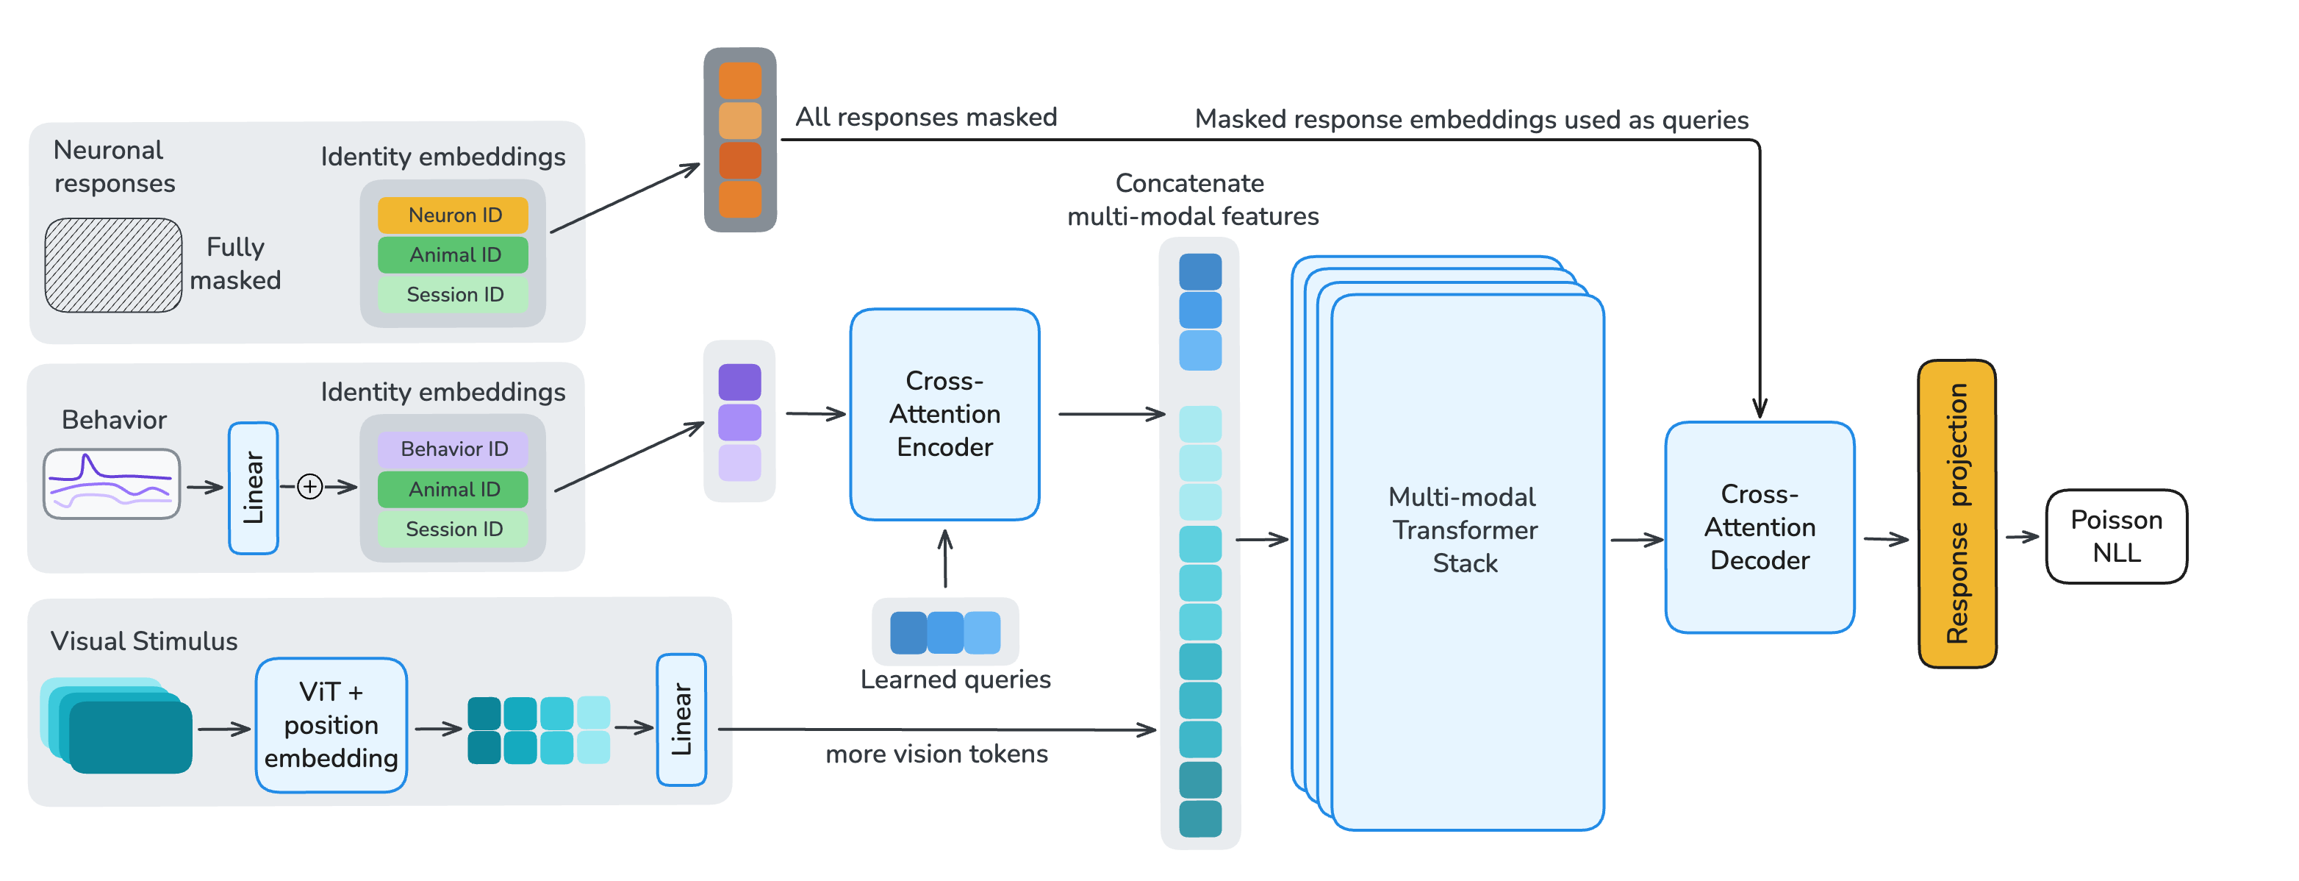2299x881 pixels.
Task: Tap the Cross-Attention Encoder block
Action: (944, 414)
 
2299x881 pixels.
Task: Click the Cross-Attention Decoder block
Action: (1759, 527)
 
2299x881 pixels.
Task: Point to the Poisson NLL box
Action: (2115, 536)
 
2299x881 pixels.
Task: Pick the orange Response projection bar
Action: (1957, 513)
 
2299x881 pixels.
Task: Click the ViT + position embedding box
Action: (331, 725)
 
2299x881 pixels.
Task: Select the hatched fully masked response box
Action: (113, 265)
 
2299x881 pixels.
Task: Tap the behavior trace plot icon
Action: (112, 484)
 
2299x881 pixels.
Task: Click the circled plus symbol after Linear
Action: (309, 487)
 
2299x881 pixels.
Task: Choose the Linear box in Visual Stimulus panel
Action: (681, 719)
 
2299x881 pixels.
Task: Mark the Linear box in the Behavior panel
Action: (254, 488)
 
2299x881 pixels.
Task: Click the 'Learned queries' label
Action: (955, 680)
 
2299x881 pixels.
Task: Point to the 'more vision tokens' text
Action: (936, 755)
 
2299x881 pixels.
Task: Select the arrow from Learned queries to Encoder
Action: (945, 559)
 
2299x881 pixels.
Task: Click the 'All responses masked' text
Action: (925, 117)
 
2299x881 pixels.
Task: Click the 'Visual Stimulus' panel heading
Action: (144, 641)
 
